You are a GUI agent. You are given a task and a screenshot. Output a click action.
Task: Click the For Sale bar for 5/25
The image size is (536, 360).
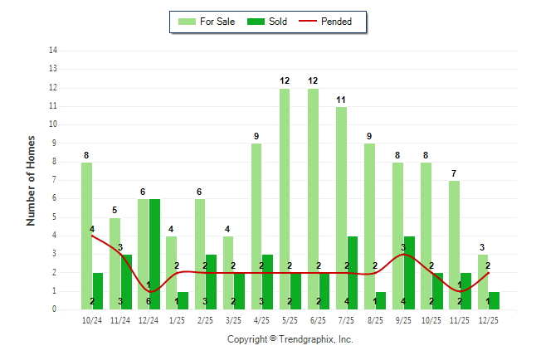tap(285, 199)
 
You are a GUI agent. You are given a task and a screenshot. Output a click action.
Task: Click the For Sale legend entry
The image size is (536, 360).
tap(209, 22)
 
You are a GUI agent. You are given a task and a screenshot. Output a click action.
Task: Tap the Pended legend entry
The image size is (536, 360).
tap(333, 22)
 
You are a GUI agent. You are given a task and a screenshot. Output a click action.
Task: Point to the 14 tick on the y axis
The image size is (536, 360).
tap(53, 51)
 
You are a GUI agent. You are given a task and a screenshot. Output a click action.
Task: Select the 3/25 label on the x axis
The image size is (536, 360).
tap(234, 319)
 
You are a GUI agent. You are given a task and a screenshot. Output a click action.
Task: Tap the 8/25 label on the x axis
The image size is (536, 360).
tap(375, 319)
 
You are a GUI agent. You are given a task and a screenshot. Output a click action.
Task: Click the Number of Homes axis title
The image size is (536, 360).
tap(31, 180)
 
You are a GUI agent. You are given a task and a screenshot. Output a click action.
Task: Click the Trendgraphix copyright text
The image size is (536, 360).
tap(290, 339)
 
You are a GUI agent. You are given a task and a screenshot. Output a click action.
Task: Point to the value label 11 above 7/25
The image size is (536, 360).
tap(341, 100)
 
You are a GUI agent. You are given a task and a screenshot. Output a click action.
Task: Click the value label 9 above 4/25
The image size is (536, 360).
tap(256, 136)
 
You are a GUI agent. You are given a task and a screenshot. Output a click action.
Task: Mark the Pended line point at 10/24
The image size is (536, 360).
tap(92, 236)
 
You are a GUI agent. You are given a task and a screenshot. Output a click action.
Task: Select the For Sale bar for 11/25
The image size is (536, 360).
tap(454, 245)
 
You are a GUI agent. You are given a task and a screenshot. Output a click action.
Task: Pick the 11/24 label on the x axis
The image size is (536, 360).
tap(120, 319)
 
